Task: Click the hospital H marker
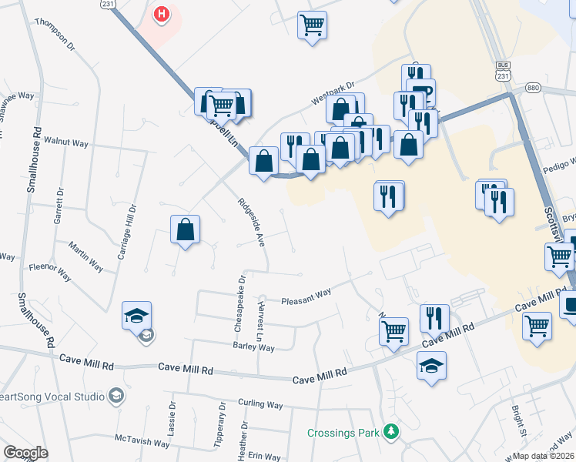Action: [x=162, y=15]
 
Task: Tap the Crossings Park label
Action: [x=343, y=433]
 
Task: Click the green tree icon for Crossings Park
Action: [x=393, y=432]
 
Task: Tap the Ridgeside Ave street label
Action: [x=251, y=222]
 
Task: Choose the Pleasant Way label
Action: [x=306, y=297]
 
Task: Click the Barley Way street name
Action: [x=253, y=348]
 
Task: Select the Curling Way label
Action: [x=260, y=403]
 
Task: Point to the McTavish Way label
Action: [x=142, y=444]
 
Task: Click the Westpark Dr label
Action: [x=332, y=93]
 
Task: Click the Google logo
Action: [x=25, y=452]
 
